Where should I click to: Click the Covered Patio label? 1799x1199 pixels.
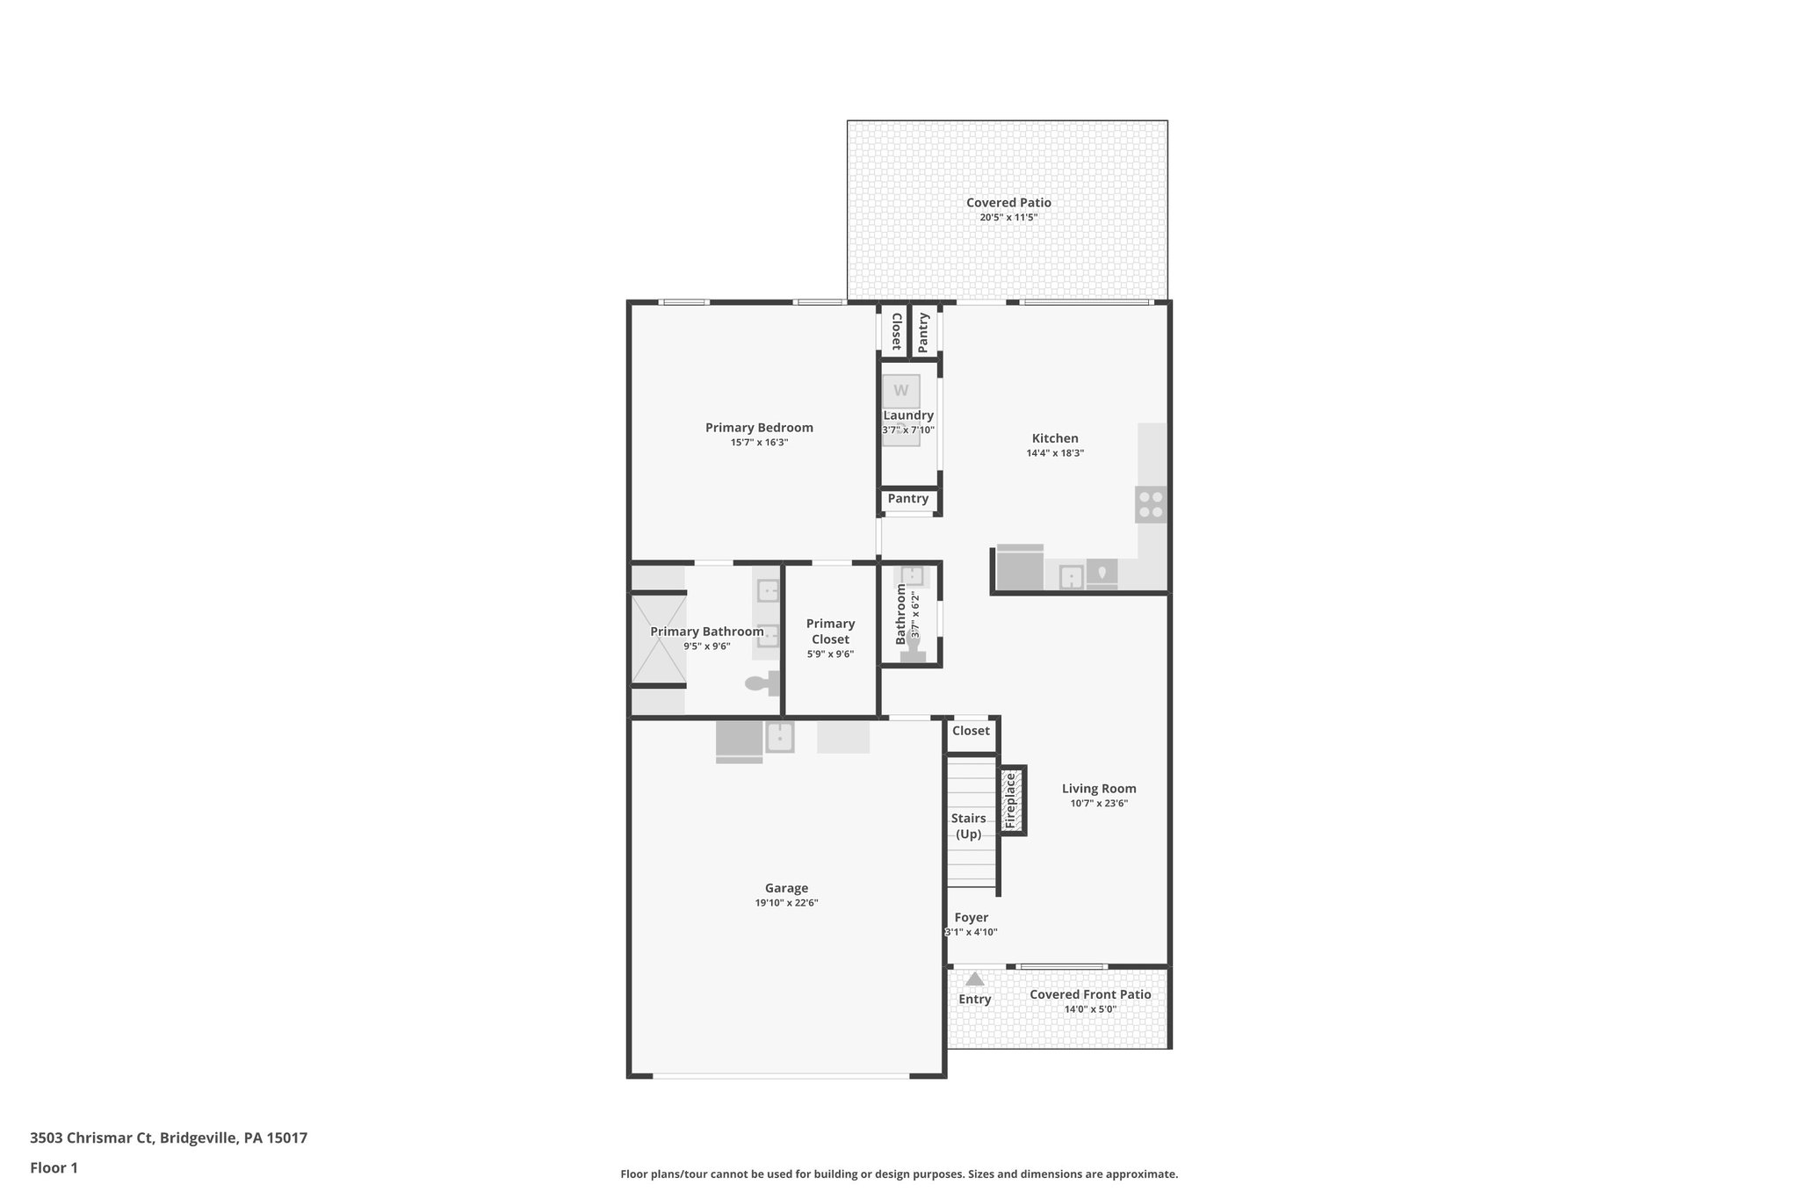1008,203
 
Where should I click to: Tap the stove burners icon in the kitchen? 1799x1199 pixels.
1151,504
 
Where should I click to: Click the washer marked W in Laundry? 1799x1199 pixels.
901,391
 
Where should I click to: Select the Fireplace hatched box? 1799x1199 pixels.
1011,800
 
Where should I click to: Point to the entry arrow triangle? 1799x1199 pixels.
974,979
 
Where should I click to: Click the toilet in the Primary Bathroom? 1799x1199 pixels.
761,683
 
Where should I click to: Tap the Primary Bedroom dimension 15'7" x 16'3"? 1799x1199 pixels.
759,443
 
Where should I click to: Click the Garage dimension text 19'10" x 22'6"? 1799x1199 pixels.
786,903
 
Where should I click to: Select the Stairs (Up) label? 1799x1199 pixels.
968,826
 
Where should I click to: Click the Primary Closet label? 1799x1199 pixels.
830,632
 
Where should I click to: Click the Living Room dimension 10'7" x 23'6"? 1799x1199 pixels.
1099,804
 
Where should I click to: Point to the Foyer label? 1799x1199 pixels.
972,918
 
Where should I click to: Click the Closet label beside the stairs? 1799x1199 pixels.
971,731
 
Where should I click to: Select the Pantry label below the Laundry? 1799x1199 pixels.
907,499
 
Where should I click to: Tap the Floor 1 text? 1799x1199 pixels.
54,1168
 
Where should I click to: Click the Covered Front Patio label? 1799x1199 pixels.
1090,994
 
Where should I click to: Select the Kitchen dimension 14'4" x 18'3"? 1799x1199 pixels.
1055,453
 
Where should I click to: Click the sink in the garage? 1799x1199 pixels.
780,737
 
